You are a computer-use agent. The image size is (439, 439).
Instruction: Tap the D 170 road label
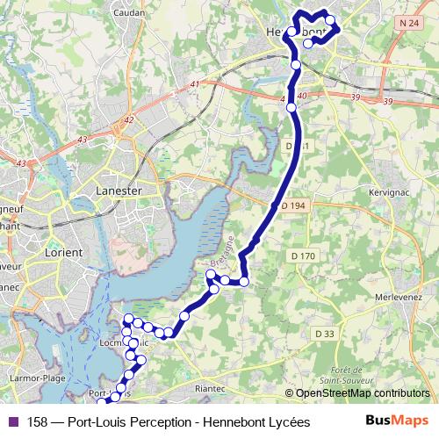click(302, 255)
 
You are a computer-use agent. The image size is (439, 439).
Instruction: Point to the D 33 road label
click(324, 334)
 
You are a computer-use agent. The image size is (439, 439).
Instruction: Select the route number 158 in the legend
click(38, 421)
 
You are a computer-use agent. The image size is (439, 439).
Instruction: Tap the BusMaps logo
click(397, 421)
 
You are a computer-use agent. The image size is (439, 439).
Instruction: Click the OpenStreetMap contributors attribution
click(362, 393)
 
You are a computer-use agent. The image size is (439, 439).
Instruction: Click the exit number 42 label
click(129, 119)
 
